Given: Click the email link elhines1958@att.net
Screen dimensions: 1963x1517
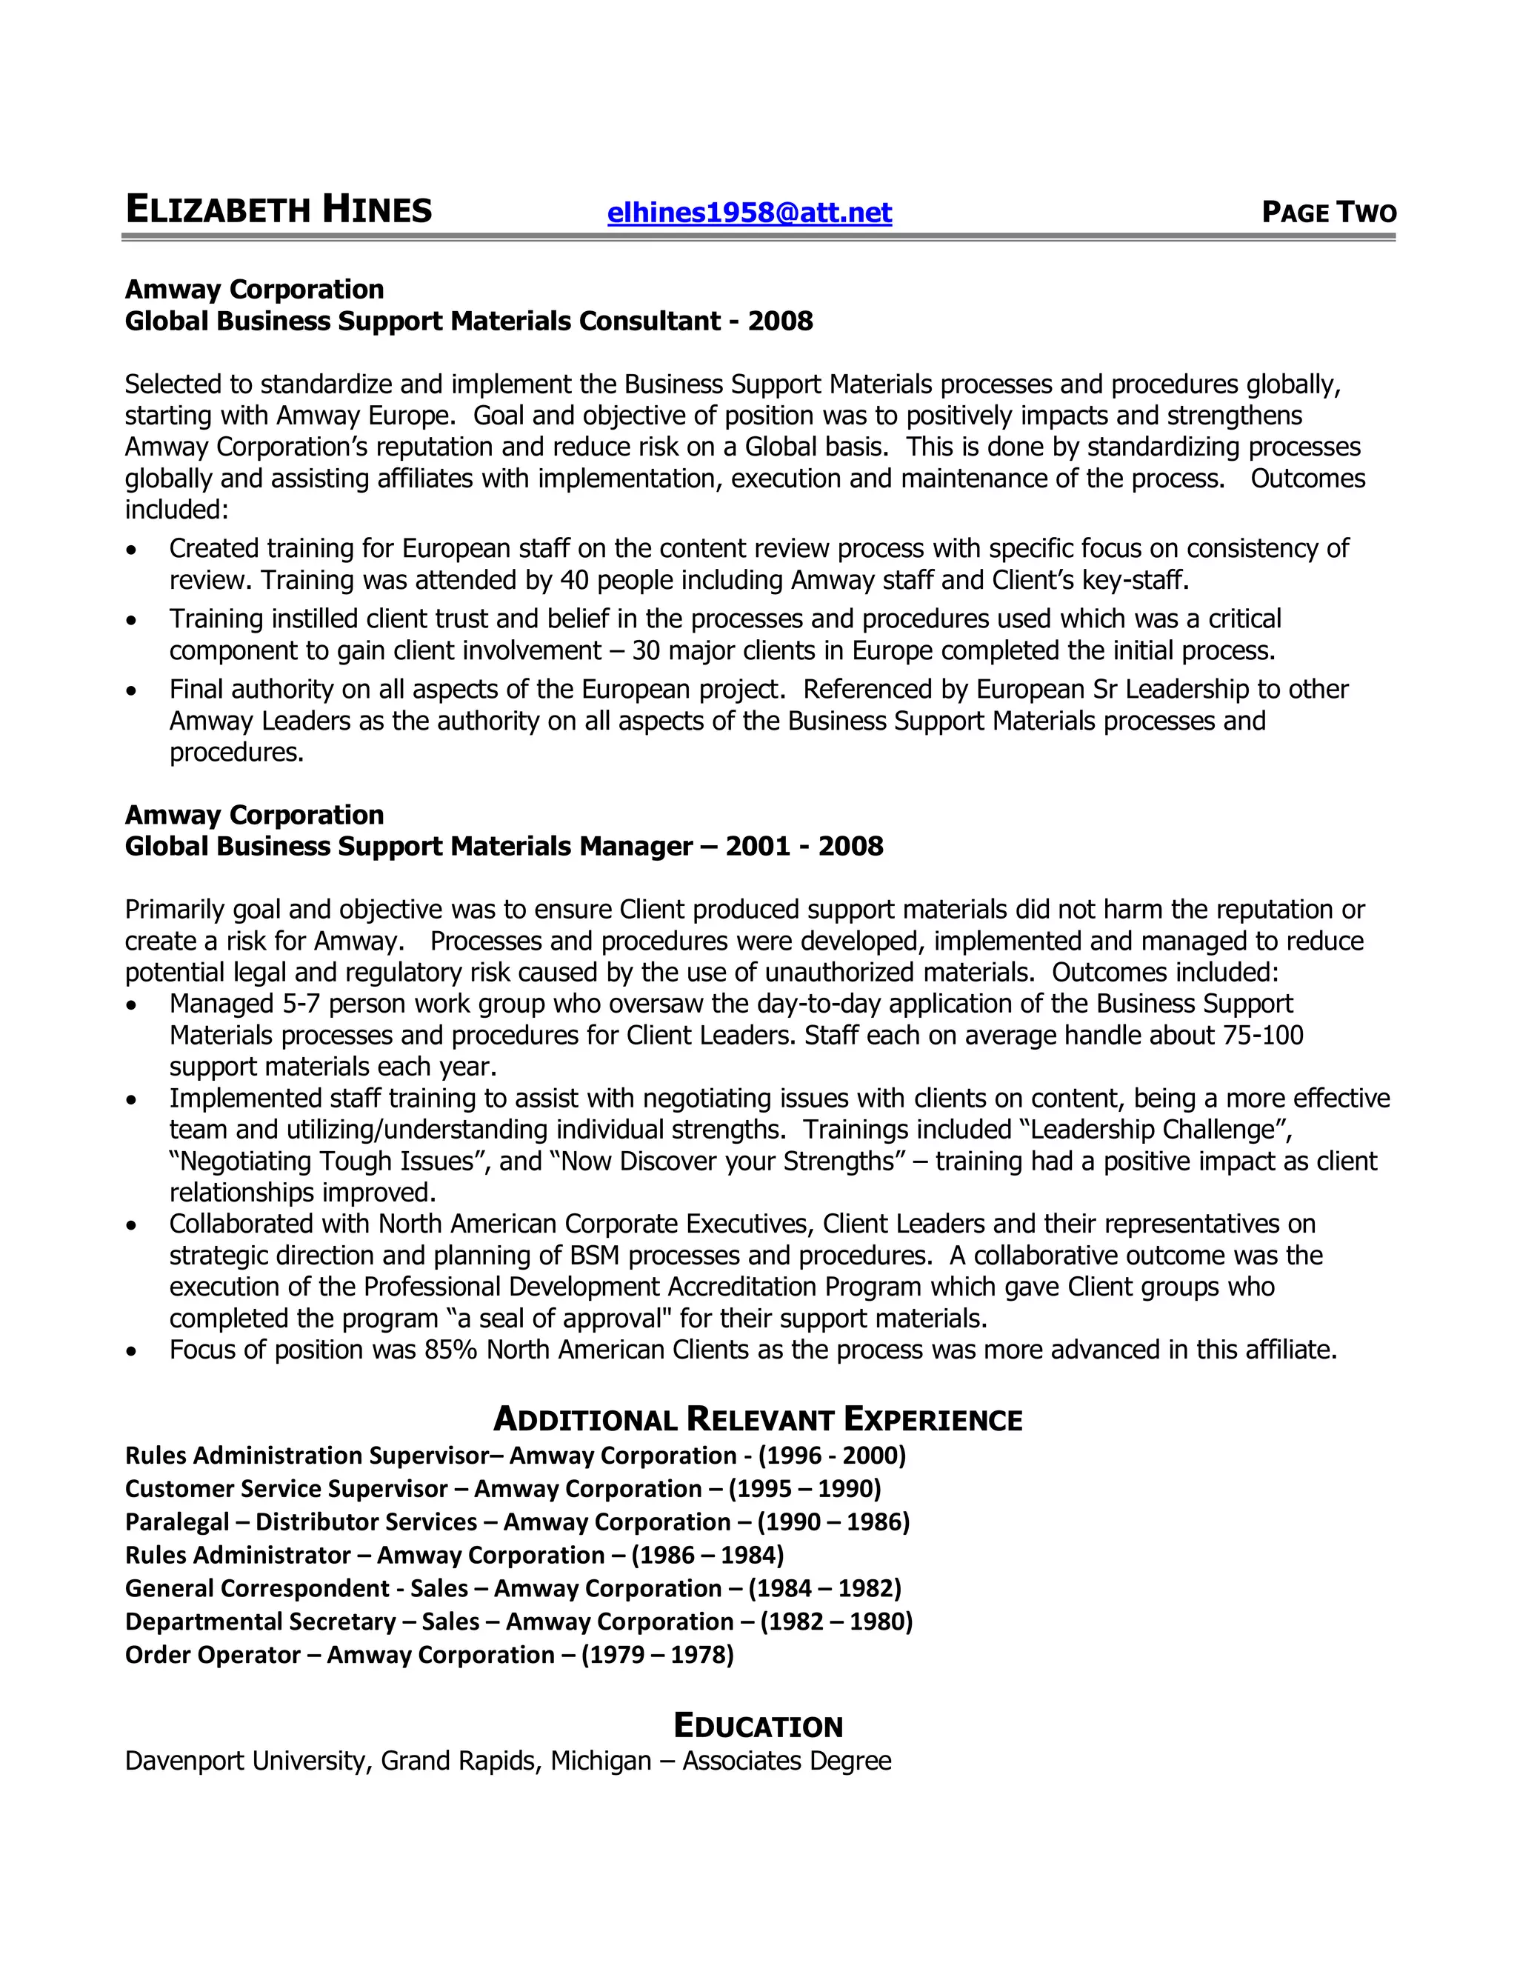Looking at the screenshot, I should tap(750, 213).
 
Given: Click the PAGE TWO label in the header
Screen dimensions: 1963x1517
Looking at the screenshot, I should tap(1328, 213).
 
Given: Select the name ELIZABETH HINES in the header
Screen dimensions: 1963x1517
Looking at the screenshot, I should tap(279, 210).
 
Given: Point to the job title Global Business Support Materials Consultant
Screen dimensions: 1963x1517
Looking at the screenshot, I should tap(422, 321).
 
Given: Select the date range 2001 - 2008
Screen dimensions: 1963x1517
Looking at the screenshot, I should tap(804, 846).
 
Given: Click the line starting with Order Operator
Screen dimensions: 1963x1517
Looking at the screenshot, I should tap(429, 1655).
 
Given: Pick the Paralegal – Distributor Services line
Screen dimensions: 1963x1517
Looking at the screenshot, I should tap(517, 1522).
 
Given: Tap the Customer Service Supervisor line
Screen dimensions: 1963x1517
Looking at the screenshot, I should tap(502, 1488).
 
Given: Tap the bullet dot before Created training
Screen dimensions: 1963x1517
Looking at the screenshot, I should tap(132, 549).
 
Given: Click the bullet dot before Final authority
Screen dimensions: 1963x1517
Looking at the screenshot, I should tap(132, 690).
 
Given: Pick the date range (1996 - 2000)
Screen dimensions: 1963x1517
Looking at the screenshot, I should tap(832, 1455).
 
